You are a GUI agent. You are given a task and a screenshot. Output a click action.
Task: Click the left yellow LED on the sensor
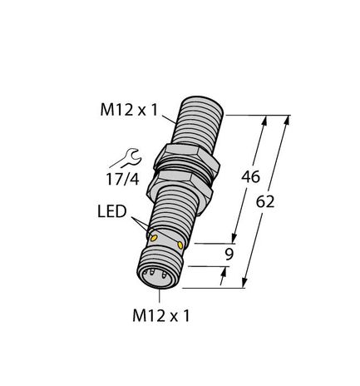point(154,240)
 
